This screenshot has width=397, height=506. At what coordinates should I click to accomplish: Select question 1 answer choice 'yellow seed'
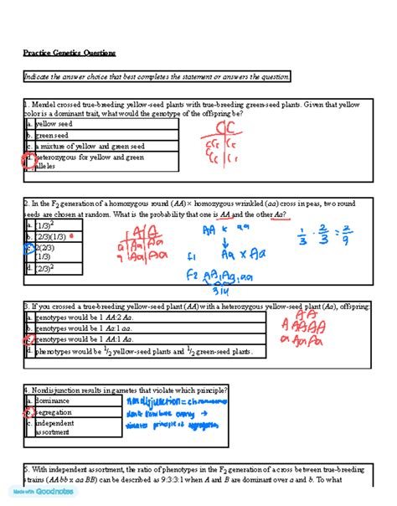(x=54, y=123)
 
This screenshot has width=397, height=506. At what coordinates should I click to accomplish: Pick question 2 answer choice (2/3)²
(x=44, y=270)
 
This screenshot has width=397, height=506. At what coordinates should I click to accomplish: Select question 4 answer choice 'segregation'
(x=54, y=411)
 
